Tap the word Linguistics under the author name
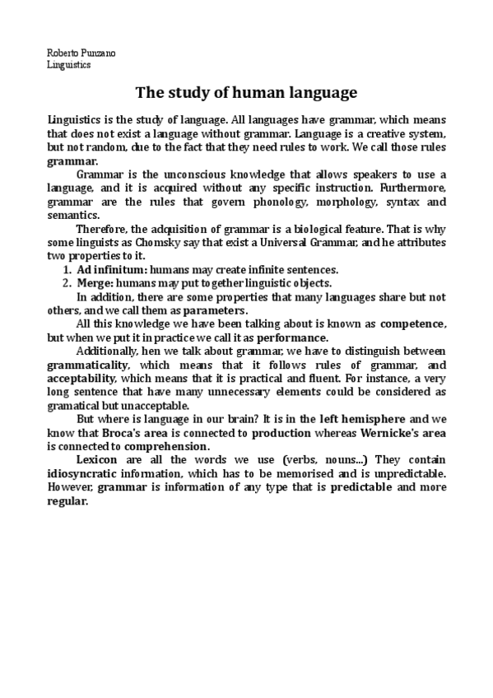coord(69,64)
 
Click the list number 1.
coord(66,269)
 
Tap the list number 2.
coord(66,282)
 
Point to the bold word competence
coord(413,324)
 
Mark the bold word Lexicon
coord(97,459)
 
